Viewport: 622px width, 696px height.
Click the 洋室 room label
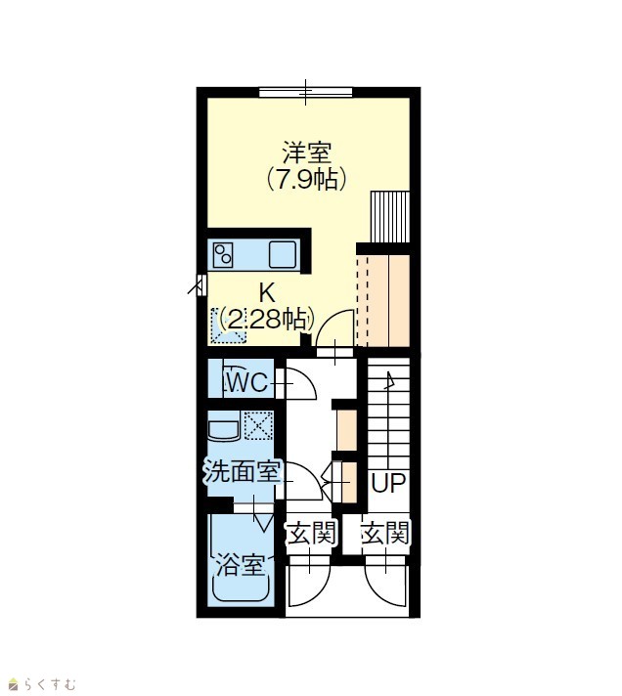[307, 153]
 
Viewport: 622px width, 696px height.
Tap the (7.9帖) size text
[307, 179]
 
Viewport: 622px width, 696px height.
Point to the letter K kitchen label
[267, 292]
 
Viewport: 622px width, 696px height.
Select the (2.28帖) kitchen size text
[267, 319]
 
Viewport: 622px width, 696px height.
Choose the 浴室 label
[241, 565]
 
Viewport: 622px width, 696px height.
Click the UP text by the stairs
[388, 483]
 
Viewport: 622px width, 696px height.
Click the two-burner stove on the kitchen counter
[223, 255]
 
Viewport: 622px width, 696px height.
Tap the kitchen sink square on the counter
[283, 254]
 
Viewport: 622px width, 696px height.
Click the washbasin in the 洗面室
[224, 425]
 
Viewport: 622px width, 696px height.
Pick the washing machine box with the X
[258, 425]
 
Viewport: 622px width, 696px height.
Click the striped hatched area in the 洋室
[390, 217]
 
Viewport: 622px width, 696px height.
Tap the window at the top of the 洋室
[306, 92]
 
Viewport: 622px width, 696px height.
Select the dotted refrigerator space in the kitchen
[228, 326]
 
